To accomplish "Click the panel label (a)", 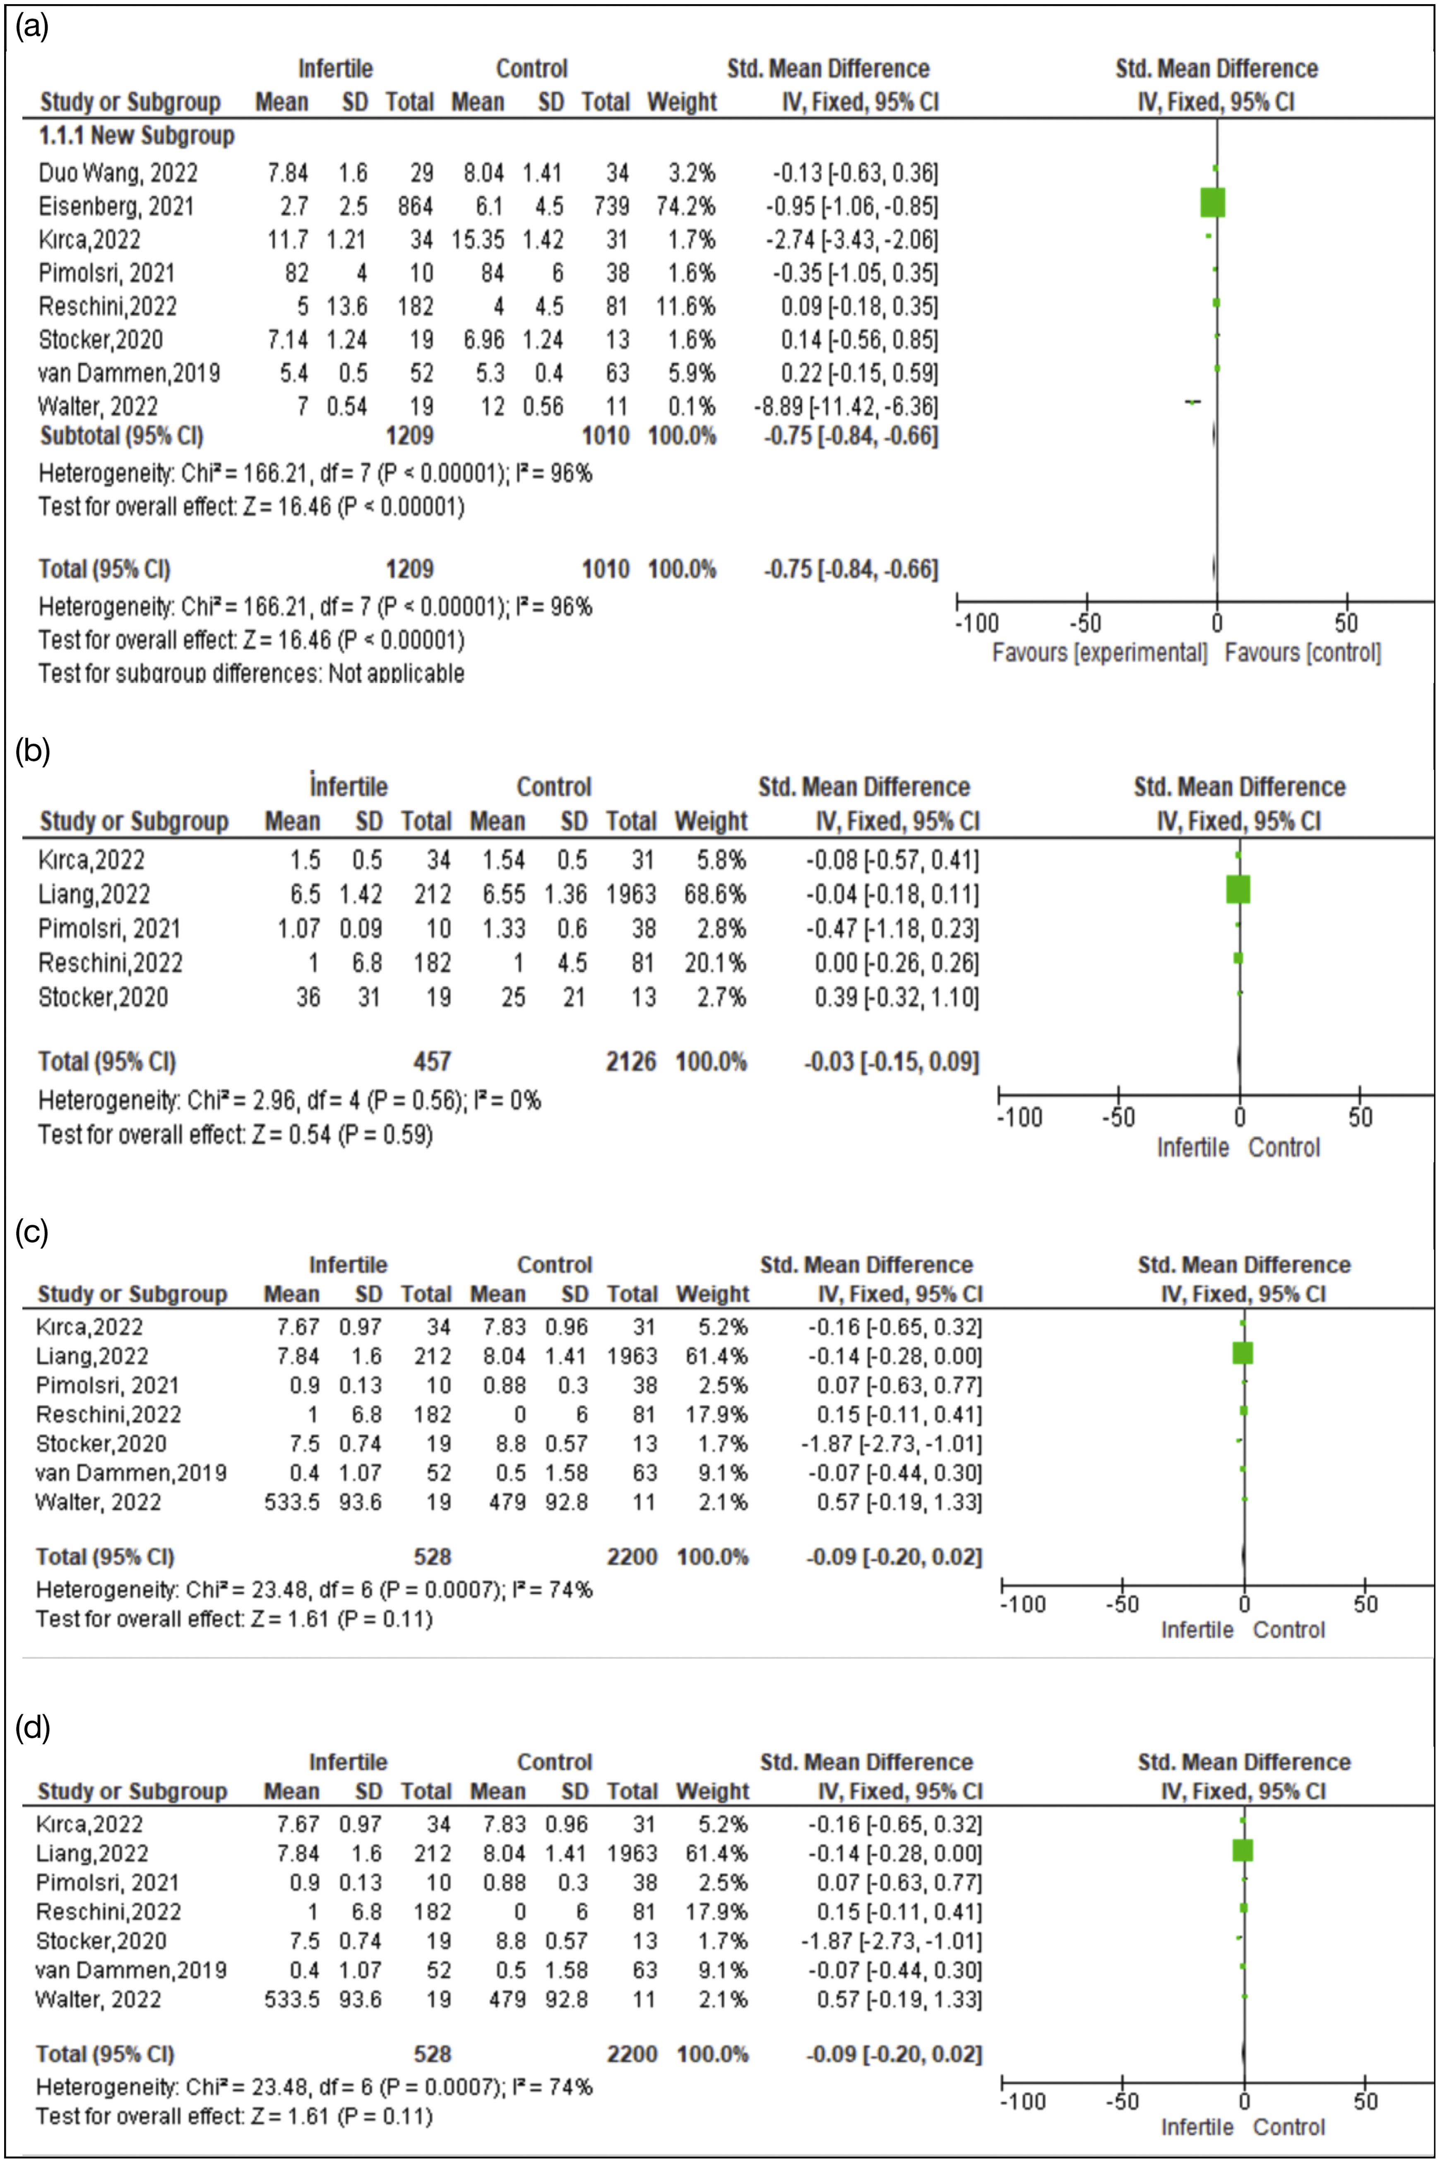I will click(x=32, y=28).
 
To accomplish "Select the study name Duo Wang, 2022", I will click(x=118, y=173).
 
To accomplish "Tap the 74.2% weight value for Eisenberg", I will click(x=685, y=206).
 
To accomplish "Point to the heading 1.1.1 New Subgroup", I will click(x=136, y=136).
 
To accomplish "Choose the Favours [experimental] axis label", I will click(x=1099, y=653).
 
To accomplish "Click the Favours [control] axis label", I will click(x=1302, y=653).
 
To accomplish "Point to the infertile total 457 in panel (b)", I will click(x=432, y=1062).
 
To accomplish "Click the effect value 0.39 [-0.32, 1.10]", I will click(x=897, y=997).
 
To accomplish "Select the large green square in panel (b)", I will click(x=1238, y=890).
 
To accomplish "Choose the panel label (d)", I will click(x=32, y=1728).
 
